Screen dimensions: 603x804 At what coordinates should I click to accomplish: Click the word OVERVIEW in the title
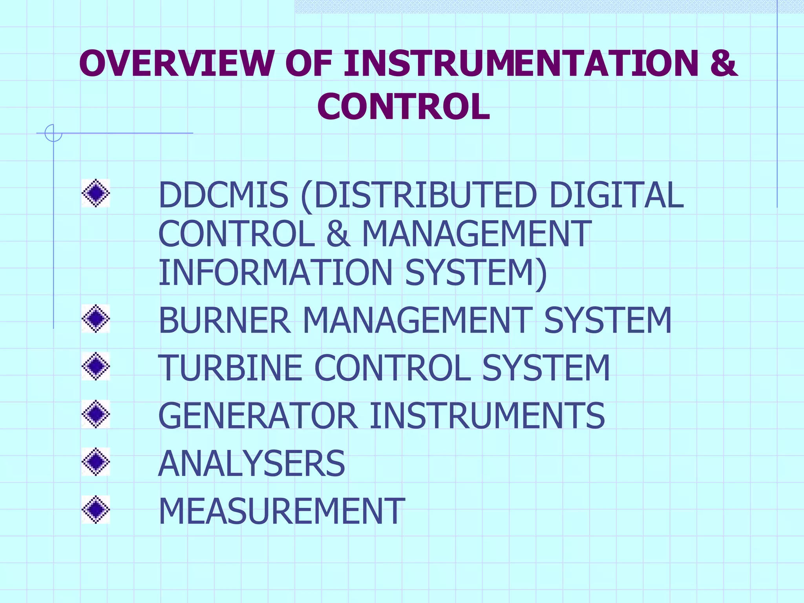click(176, 63)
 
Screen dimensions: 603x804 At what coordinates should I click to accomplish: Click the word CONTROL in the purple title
click(404, 106)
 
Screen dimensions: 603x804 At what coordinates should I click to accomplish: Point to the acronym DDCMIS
click(223, 195)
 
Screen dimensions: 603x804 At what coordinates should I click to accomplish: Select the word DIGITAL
click(616, 195)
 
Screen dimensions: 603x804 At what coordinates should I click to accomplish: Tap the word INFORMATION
click(275, 272)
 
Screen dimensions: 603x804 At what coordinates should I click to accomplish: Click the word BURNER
click(225, 320)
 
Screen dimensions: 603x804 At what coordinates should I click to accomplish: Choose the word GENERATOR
click(258, 416)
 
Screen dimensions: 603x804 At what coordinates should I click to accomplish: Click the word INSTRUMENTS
click(487, 416)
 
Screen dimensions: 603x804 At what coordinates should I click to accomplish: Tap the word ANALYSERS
click(252, 464)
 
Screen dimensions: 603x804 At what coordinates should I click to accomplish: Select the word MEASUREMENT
click(281, 511)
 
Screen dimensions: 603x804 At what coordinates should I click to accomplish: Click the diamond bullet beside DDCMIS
click(96, 193)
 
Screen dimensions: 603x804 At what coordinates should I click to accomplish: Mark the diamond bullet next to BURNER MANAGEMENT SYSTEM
click(96, 318)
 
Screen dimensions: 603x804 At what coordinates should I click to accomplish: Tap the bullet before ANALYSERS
click(96, 462)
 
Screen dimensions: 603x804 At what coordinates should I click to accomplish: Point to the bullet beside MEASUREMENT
click(96, 510)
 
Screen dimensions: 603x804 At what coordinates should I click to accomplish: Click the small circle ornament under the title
click(53, 133)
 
